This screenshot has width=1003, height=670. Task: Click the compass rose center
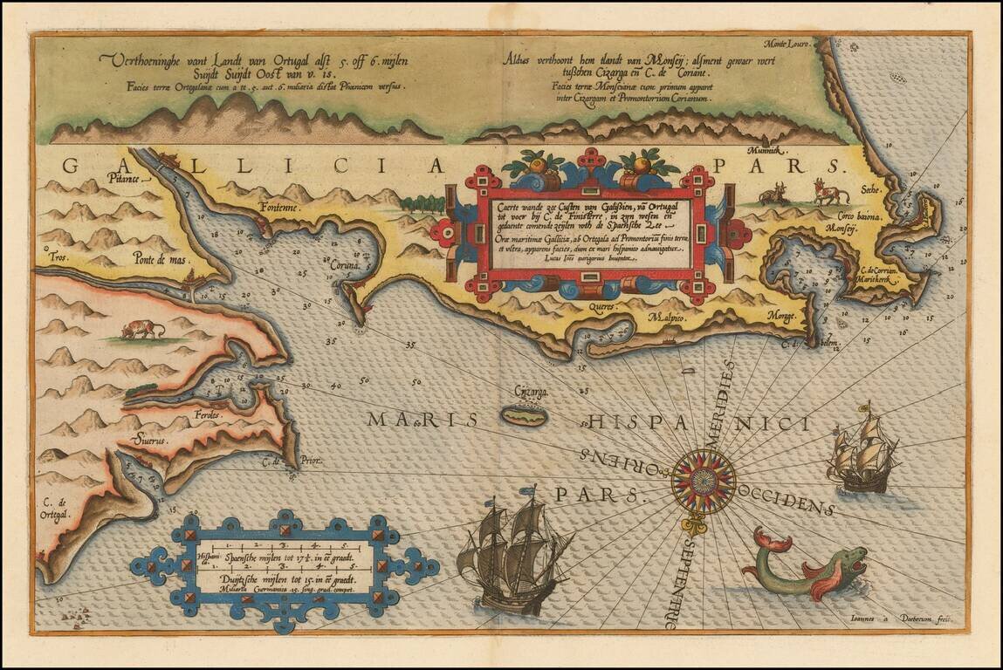pos(703,481)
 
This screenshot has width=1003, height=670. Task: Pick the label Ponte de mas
pos(161,257)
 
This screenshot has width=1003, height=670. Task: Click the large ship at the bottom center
pos(512,553)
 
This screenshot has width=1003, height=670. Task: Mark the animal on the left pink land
pos(142,329)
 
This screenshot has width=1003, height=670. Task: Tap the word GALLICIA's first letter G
pos(74,166)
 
